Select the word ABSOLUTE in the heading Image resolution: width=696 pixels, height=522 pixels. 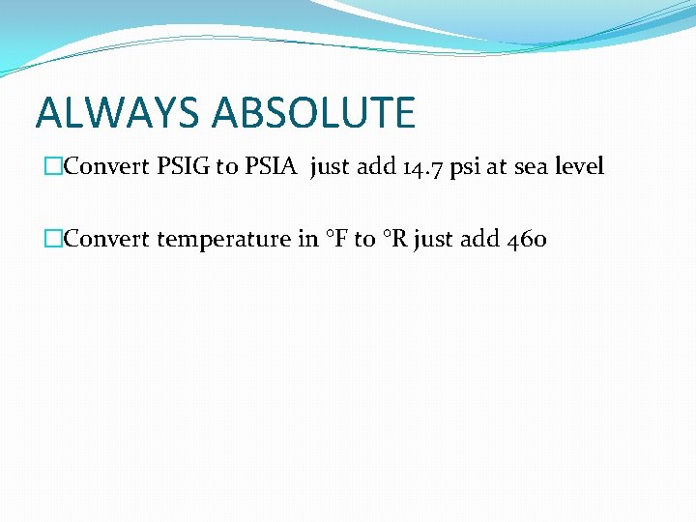coord(314,112)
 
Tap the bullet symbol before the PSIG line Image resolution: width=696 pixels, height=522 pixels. coord(52,166)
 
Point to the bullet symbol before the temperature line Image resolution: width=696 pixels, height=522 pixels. coord(52,239)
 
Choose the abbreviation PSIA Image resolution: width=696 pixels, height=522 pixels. coord(274,166)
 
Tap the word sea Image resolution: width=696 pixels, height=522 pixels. coord(531,167)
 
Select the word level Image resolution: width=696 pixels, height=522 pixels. coord(580,166)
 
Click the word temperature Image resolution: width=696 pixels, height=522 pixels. coord(223,240)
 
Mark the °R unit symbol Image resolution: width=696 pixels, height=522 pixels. coord(394,239)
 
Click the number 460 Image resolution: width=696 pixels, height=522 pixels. coord(527,239)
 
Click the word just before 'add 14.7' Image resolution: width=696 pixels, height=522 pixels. coord(330,167)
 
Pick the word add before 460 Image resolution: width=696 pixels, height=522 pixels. coord(479,239)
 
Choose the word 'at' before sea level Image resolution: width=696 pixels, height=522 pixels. coord(498,167)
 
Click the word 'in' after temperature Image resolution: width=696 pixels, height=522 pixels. coord(308,239)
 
